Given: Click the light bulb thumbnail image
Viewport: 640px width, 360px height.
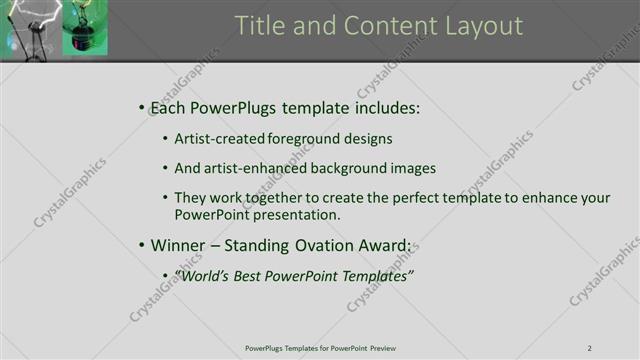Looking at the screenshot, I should (54, 28).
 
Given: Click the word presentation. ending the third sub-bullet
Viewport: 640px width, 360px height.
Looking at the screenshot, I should (298, 214).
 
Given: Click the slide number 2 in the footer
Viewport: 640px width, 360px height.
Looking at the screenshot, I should (590, 348).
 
